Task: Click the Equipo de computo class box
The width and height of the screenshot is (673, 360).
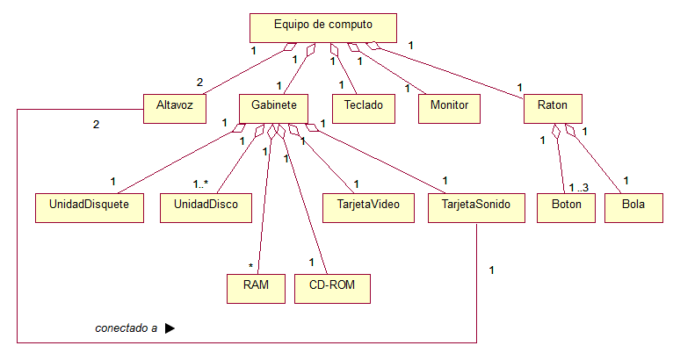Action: [x=322, y=27]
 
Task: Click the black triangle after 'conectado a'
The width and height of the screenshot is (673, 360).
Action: [x=170, y=328]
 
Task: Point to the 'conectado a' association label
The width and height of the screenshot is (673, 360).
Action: [x=127, y=328]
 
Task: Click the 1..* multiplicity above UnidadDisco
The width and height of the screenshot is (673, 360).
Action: [x=202, y=184]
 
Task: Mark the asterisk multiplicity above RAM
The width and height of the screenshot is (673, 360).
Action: [x=250, y=265]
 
